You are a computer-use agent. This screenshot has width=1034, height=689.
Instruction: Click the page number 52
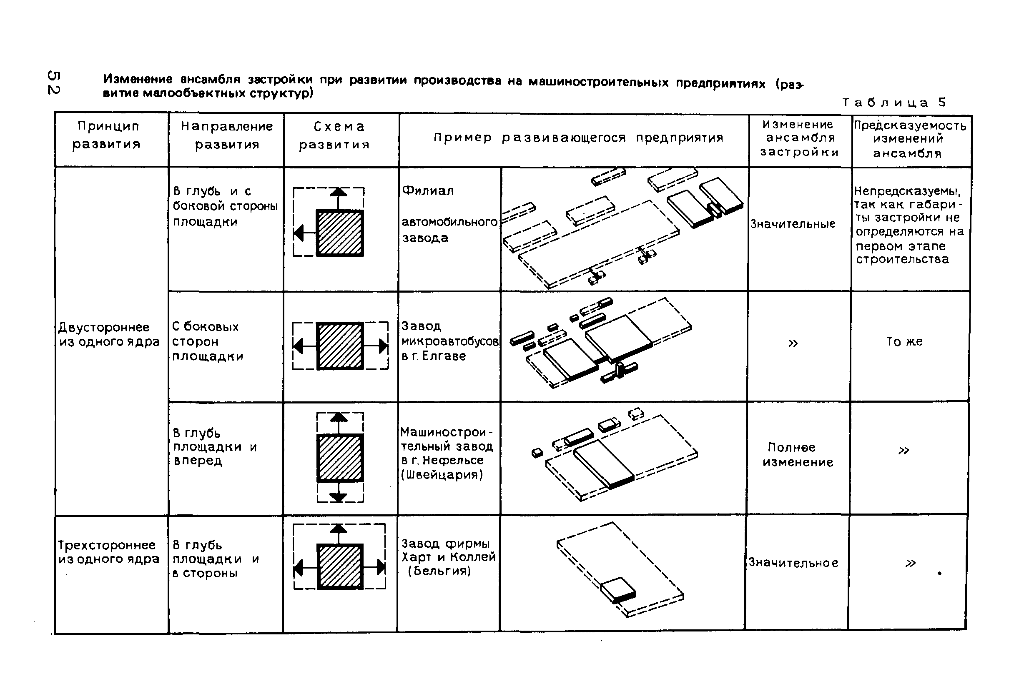point(54,82)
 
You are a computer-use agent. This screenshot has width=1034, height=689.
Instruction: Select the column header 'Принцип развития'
point(107,135)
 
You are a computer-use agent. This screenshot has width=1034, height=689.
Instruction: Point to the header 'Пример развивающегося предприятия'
point(578,138)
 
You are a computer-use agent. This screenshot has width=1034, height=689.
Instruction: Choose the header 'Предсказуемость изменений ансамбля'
point(910,139)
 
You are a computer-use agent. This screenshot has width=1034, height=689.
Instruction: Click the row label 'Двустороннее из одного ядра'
point(109,334)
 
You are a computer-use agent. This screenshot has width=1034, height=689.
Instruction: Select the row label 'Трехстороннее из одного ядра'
point(108,552)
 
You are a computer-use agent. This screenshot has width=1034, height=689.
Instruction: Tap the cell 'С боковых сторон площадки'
point(207,341)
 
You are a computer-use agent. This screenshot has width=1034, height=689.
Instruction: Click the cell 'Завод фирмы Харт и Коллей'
point(448,557)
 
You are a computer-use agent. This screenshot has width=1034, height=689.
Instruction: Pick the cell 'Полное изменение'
point(798,454)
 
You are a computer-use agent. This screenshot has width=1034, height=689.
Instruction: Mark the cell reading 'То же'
point(904,341)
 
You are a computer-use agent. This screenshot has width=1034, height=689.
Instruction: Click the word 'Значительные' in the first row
point(792,224)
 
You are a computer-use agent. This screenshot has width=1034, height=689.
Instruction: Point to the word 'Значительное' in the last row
point(793,562)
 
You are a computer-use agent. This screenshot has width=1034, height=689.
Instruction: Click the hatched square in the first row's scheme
point(340,233)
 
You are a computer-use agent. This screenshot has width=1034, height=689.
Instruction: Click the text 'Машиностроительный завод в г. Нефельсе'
point(447,453)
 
